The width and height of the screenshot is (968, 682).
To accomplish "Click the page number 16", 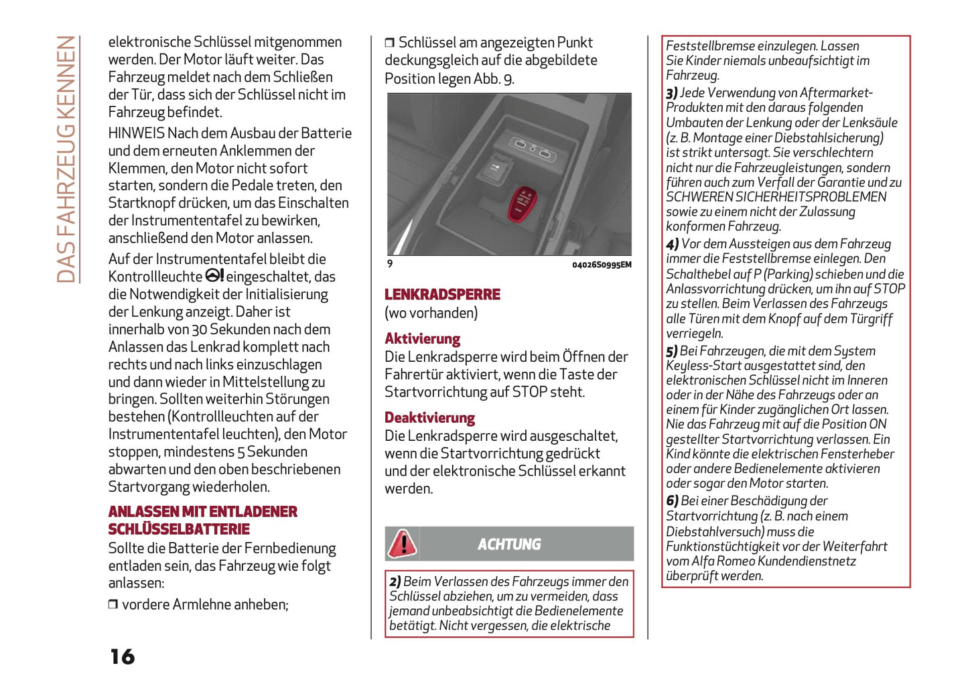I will coord(123,657).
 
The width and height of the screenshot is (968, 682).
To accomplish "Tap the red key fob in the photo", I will coord(523,204).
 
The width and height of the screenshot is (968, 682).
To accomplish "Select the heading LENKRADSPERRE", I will coord(442,294).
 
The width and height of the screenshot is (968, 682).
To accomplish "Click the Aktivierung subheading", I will coord(422,339).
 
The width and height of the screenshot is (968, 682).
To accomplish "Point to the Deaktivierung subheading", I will coord(429,418).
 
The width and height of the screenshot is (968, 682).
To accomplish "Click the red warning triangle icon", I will coord(403,543).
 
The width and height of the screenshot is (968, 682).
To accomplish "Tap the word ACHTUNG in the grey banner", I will coord(509,544).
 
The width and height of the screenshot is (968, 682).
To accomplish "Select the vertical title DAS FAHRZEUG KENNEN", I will coord(66,159).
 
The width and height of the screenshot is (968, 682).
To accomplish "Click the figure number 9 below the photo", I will coord(390,264).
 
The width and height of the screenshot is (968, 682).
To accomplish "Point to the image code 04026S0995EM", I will coord(601,265).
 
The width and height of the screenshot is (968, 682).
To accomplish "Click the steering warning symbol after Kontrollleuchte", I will coord(214,276).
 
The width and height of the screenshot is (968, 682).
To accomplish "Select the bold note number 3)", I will coord(671,93).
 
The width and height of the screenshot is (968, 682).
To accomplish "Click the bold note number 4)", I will coord(672,245).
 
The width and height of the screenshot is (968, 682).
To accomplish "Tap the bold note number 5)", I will coord(671,352).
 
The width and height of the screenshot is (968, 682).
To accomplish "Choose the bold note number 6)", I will coord(672,501).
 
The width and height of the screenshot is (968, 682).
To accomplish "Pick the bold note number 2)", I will coord(395,582).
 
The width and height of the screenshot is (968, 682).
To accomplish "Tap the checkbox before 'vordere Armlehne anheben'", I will coord(113,605).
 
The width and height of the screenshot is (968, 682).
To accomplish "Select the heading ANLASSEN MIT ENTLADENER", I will coord(202,512).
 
